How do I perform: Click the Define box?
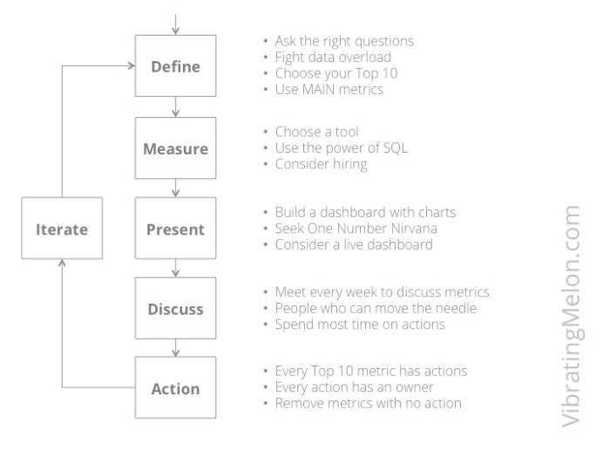pos(176,65)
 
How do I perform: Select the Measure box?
pos(176,147)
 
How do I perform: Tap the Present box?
pos(176,229)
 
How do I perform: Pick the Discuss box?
pos(176,309)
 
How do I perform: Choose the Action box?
pos(176,388)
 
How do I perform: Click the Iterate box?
pos(61,229)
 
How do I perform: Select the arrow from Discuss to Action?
pos(176,348)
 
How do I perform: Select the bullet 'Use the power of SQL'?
pos(335,148)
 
